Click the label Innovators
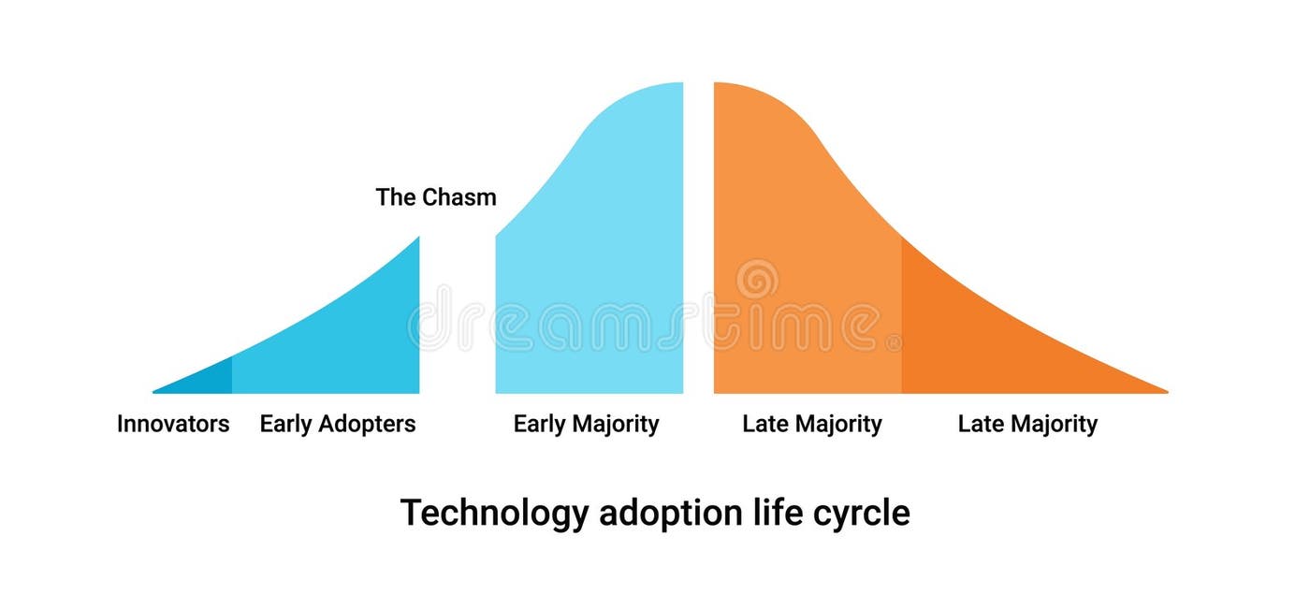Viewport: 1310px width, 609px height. click(173, 424)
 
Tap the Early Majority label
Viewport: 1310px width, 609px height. click(586, 424)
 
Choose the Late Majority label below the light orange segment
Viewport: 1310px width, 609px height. click(811, 424)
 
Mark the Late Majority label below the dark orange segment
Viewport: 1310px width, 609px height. click(1026, 424)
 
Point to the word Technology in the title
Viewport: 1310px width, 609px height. click(495, 514)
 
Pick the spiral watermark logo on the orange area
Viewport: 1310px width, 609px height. click(757, 279)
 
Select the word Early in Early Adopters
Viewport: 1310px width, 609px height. click(285, 424)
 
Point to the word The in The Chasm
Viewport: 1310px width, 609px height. click(396, 197)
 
